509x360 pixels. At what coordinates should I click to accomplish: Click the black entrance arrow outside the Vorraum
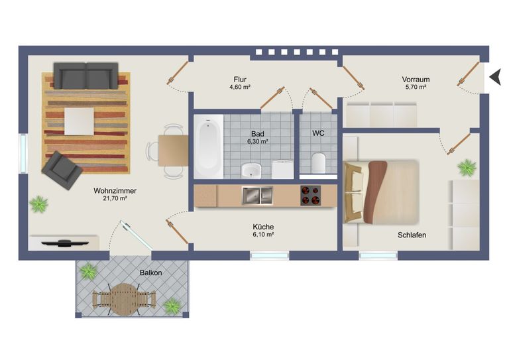click(x=495, y=78)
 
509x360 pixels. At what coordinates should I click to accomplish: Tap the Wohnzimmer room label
click(x=115, y=191)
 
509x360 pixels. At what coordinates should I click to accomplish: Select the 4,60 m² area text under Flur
click(x=239, y=87)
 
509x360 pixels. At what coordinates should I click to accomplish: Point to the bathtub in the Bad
click(x=208, y=147)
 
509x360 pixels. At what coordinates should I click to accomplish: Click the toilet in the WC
click(x=318, y=162)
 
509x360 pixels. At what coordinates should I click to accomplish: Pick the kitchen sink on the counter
click(x=257, y=195)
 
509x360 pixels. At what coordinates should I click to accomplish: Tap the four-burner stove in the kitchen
click(x=311, y=196)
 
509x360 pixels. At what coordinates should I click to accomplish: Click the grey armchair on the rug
click(x=62, y=170)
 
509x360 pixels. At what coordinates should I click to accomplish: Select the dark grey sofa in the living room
click(x=85, y=76)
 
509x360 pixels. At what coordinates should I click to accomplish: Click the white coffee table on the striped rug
click(x=80, y=121)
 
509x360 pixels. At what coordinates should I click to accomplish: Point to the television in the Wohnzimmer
click(x=65, y=243)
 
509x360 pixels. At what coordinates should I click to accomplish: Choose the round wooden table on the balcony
click(x=124, y=299)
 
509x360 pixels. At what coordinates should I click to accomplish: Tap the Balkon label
click(x=150, y=272)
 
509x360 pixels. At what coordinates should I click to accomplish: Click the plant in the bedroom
click(x=467, y=168)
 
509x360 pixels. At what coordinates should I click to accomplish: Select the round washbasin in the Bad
click(x=251, y=170)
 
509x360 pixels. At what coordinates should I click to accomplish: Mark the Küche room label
click(x=263, y=227)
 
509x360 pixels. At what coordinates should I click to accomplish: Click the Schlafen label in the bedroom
click(x=412, y=235)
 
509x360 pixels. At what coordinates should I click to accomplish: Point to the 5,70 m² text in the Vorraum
click(x=416, y=87)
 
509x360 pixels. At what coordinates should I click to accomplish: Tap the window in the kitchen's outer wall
click(x=270, y=256)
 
